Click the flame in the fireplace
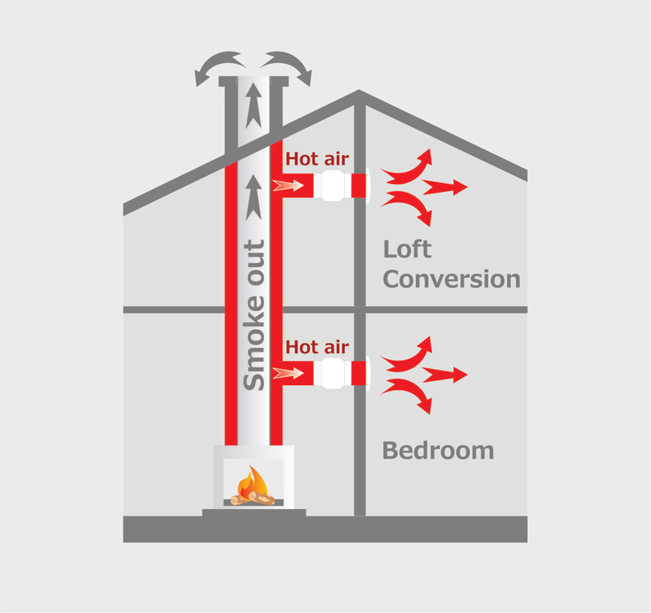point(254,482)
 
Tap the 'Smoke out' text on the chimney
point(254,315)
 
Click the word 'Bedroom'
point(437,451)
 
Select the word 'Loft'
point(407,249)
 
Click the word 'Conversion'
point(452,280)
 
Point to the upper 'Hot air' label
point(317,159)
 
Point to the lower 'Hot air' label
point(317,348)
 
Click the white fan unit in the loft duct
point(334,186)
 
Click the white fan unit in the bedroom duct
point(334,373)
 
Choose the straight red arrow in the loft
point(445,188)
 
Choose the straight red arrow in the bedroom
point(445,375)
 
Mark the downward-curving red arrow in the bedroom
point(410,396)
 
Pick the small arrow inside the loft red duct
point(289,186)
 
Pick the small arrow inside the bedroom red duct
point(289,373)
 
